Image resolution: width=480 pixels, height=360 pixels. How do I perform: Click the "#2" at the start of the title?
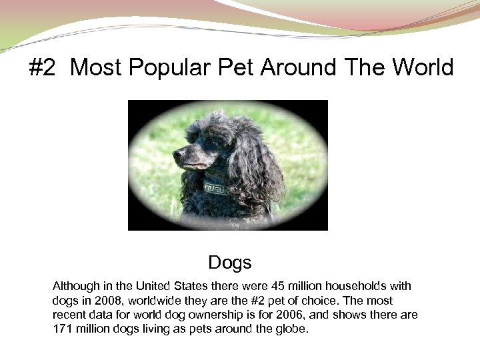pos(43,67)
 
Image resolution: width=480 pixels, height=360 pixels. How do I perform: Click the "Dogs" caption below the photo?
pos(229,262)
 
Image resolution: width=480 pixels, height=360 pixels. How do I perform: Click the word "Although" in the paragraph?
pos(76,286)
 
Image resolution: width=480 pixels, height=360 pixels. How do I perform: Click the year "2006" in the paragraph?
pos(309,315)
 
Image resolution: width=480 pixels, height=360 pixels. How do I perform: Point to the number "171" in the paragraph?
pos(62,329)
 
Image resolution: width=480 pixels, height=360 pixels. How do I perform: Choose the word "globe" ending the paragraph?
pos(292,329)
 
